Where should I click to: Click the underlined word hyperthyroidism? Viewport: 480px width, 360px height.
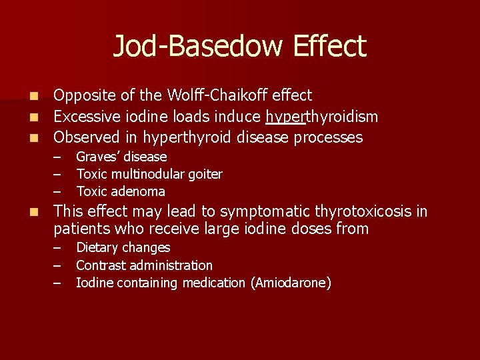coord(321,117)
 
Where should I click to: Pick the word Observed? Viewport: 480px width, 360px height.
coord(85,138)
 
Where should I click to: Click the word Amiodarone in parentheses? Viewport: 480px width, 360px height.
coord(290,283)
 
